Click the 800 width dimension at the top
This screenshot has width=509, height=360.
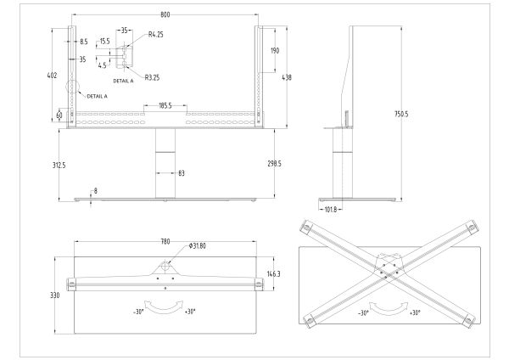pos(165,14)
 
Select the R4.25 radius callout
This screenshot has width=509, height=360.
pos(155,35)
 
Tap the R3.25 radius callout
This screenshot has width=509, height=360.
pos(152,77)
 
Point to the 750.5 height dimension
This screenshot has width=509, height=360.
pos(401,114)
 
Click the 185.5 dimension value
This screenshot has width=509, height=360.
pos(165,105)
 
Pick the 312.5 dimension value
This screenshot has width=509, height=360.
pos(59,165)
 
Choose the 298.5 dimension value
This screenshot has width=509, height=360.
pos(274,164)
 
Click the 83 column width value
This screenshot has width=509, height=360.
pos(182,173)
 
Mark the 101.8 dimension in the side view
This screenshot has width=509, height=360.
pos(331,210)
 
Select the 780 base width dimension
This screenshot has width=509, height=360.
pos(165,241)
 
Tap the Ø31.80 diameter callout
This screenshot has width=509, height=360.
pos(197,246)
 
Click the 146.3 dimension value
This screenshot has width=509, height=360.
pos(274,274)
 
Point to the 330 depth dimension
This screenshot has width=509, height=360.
pos(55,295)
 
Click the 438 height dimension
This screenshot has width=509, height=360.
pos(287,77)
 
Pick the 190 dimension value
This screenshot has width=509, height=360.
pos(275,51)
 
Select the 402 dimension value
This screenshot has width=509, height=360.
pos(52,76)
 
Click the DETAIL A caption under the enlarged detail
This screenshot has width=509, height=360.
pos(123,81)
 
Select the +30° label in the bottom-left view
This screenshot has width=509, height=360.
pos(190,312)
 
